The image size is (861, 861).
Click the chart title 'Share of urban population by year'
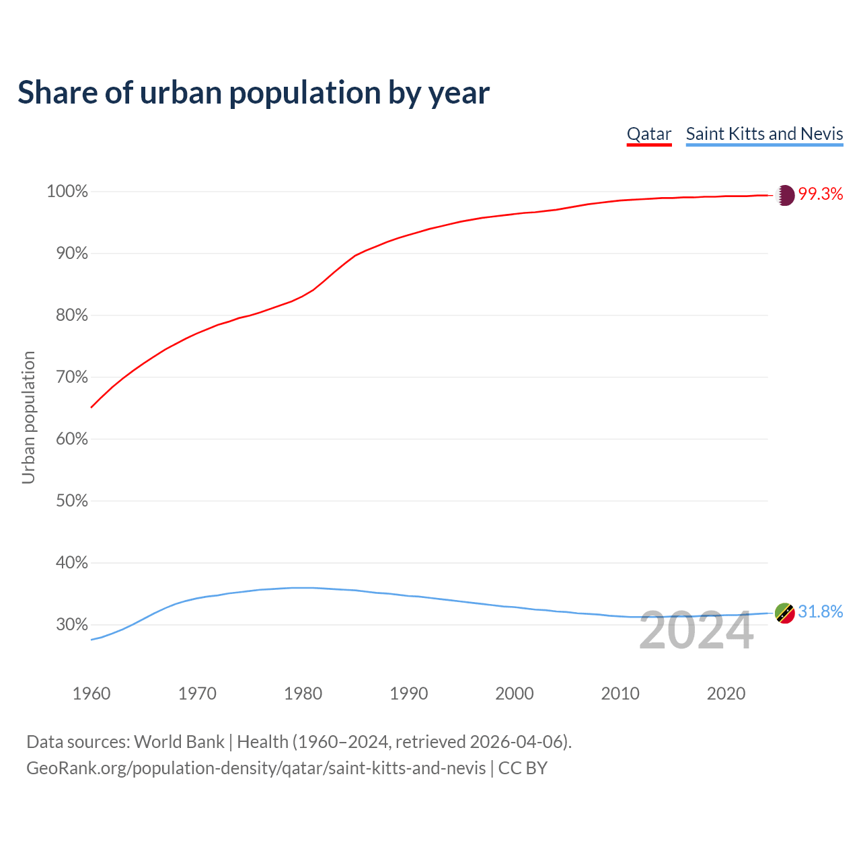(254, 93)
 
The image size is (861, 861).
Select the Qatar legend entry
(649, 134)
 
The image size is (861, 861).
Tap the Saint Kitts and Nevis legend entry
(764, 134)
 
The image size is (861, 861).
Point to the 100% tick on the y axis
(67, 192)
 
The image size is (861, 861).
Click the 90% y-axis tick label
(71, 254)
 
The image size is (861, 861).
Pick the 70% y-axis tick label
(71, 377)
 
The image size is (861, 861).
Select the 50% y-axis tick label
(71, 501)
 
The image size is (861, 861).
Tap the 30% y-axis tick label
(71, 625)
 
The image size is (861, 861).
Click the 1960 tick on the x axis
(91, 694)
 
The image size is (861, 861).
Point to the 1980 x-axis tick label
(303, 694)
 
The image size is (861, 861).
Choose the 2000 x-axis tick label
(515, 694)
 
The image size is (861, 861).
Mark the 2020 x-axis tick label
(726, 694)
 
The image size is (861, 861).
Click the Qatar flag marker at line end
(785, 195)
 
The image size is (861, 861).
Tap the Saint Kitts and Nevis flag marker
(785, 613)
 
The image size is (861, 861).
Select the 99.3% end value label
(821, 194)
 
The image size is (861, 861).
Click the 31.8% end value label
(821, 611)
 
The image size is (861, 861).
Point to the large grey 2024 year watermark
(696, 631)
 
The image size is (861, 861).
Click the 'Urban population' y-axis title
(28, 417)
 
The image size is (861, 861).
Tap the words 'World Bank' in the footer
(179, 742)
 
